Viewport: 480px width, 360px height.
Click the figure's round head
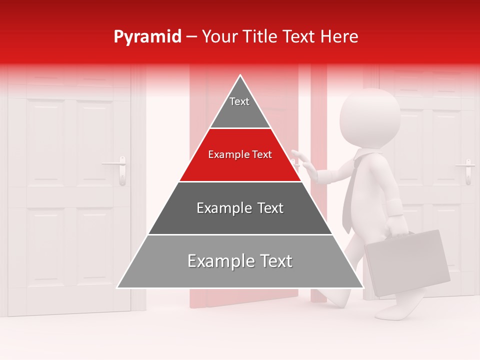pos(370,117)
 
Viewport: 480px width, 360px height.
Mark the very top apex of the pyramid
pos(240,76)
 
